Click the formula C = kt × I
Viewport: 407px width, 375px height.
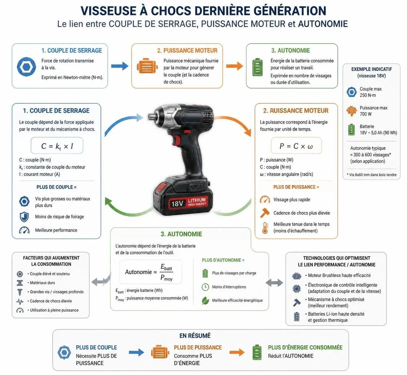(x=57, y=146)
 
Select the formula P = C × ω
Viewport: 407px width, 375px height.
(x=296, y=146)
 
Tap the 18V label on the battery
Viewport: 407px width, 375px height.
(x=177, y=204)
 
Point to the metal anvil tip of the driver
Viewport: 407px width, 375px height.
(x=152, y=116)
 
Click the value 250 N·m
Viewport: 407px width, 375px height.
(x=368, y=95)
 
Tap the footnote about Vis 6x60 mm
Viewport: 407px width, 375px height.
(x=371, y=175)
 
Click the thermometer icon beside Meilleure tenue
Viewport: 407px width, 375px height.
(x=265, y=228)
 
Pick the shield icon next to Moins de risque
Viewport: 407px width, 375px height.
(x=24, y=217)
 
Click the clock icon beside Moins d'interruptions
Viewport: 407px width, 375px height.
(x=205, y=287)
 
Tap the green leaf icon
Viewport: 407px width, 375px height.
(x=205, y=301)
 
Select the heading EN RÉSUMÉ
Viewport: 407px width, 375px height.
(x=195, y=336)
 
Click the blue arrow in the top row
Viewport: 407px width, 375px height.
(x=120, y=66)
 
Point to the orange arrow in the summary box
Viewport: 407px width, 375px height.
(x=237, y=352)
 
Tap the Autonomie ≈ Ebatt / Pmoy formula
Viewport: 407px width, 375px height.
(x=149, y=272)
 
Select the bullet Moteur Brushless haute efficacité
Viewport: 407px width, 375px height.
(x=338, y=275)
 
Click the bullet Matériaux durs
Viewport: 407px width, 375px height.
(x=41, y=283)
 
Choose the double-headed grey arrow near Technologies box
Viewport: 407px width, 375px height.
(x=274, y=283)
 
